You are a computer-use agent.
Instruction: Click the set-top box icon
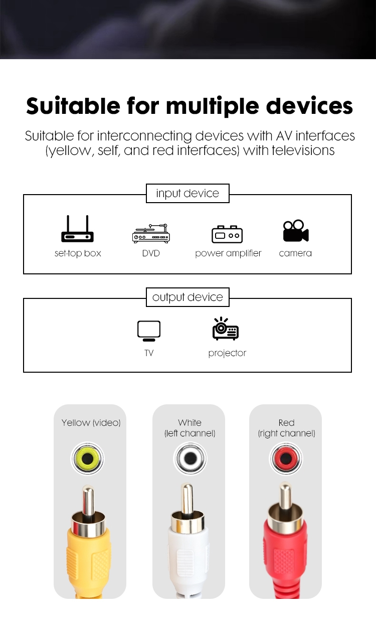[77, 229]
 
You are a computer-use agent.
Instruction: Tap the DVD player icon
[151, 233]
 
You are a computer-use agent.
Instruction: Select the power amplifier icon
[227, 234]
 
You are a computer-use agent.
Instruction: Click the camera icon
[296, 231]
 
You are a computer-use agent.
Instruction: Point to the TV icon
[149, 331]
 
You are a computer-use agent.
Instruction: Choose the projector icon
[226, 329]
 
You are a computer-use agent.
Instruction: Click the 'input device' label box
[187, 193]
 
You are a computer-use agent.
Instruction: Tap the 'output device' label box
[187, 297]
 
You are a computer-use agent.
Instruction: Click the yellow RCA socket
[87, 459]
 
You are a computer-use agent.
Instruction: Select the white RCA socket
[190, 459]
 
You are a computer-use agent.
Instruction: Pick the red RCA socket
[286, 459]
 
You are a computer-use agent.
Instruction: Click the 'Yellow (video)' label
[91, 423]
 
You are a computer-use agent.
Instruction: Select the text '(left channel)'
[190, 433]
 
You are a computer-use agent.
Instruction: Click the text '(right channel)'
[286, 433]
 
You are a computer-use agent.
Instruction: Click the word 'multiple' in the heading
[213, 107]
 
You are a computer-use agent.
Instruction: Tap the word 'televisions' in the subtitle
[303, 150]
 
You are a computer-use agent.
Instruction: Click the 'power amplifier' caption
[228, 253]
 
